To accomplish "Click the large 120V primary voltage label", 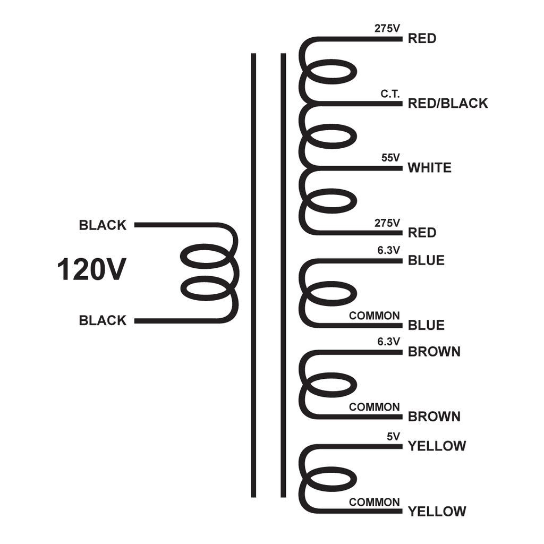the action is pyautogui.click(x=91, y=269).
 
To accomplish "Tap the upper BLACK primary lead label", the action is pyautogui.click(x=103, y=225).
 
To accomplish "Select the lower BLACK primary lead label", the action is pyautogui.click(x=103, y=320).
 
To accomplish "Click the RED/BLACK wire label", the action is pyautogui.click(x=448, y=104).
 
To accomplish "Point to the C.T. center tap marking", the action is pyautogui.click(x=390, y=93).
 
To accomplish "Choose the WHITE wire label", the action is pyautogui.click(x=429, y=168).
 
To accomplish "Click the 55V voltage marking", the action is pyautogui.click(x=390, y=158).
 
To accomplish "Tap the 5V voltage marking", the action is pyautogui.click(x=394, y=437).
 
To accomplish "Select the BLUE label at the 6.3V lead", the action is pyautogui.click(x=426, y=260).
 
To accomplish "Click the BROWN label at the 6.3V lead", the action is pyautogui.click(x=434, y=352).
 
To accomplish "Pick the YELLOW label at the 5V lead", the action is pyautogui.click(x=437, y=446).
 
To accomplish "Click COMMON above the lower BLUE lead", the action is pyautogui.click(x=375, y=316).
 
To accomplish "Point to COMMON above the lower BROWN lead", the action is pyautogui.click(x=375, y=407).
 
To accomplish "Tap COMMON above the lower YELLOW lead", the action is pyautogui.click(x=375, y=502).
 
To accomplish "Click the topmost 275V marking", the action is pyautogui.click(x=387, y=29).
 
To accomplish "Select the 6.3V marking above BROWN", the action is pyautogui.click(x=388, y=342).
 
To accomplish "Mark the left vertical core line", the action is pyautogui.click(x=253, y=275).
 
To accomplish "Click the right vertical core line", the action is pyautogui.click(x=283, y=275).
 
